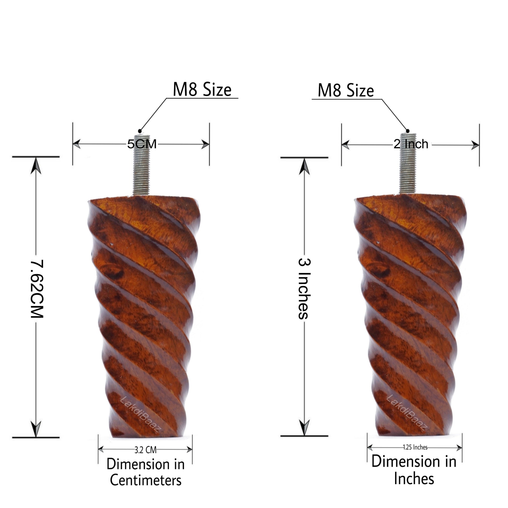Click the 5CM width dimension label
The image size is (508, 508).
[142, 144]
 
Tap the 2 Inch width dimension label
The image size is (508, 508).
[411, 144]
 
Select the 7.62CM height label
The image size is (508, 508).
[37, 289]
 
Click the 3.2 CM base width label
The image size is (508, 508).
[145, 450]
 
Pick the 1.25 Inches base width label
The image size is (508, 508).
[415, 447]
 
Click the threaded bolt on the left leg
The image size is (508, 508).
[141, 165]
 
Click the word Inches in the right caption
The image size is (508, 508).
[414, 479]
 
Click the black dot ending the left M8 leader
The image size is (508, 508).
[140, 131]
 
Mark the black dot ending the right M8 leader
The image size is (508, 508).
[407, 131]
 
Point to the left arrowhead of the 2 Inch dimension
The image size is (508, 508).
[346, 145]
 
